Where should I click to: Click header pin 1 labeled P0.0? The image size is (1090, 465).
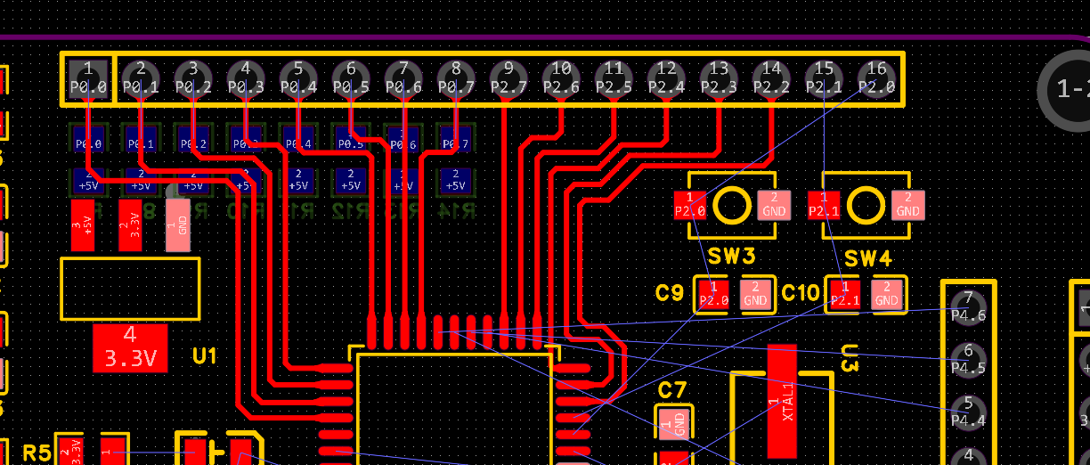(x=88, y=78)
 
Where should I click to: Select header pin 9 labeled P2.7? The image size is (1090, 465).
(x=508, y=78)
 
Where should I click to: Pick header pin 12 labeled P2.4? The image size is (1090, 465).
(x=666, y=78)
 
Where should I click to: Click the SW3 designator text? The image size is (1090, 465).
(x=731, y=257)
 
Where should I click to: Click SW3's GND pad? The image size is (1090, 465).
(x=774, y=206)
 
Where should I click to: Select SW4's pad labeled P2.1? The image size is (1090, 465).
(x=825, y=206)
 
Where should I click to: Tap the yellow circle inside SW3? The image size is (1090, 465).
(x=732, y=206)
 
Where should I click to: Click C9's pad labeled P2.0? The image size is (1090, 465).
(x=713, y=294)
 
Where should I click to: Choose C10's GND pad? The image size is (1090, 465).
(x=886, y=294)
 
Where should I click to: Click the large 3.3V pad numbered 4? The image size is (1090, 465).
(x=130, y=347)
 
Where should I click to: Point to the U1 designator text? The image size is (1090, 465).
(x=205, y=356)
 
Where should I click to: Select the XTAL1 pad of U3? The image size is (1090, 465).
(x=782, y=401)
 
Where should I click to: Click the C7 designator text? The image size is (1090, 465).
(x=672, y=389)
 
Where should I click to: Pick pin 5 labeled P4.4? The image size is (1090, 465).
(x=968, y=412)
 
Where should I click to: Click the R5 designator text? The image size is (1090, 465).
(x=37, y=453)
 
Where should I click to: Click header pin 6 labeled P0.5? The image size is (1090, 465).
(x=351, y=78)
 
